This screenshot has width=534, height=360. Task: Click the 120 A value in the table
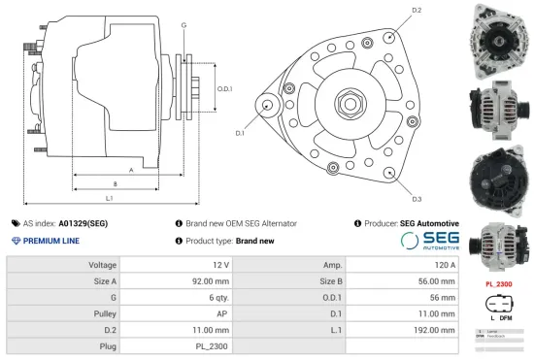pyautogui.click(x=442, y=264)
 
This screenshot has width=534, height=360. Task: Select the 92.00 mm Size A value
pyautogui.click(x=209, y=280)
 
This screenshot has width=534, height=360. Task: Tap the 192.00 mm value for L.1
pyautogui.click(x=434, y=330)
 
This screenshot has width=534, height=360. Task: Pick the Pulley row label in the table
pyautogui.click(x=104, y=313)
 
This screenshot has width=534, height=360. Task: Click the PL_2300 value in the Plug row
pyautogui.click(x=212, y=346)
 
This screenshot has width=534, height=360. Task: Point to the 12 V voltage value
pyautogui.click(x=219, y=264)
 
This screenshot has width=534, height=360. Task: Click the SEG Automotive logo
pyautogui.click(x=429, y=241)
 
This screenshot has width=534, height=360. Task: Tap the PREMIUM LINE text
pyautogui.click(x=51, y=241)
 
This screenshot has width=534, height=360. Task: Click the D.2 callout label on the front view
pyautogui.click(x=417, y=11)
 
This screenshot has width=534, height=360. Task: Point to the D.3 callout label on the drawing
pyautogui.click(x=416, y=198)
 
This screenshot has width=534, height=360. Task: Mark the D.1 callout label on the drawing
pyautogui.click(x=240, y=133)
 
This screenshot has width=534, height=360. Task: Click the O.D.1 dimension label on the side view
pyautogui.click(x=224, y=89)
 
